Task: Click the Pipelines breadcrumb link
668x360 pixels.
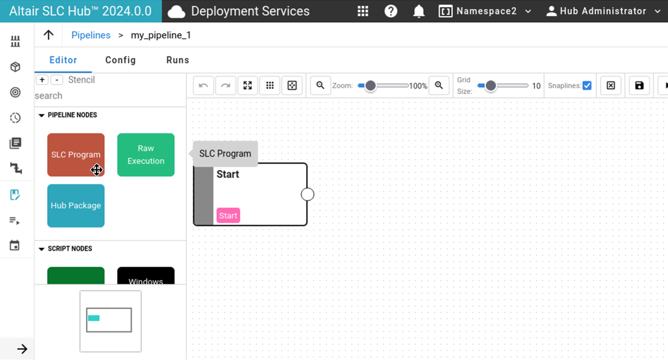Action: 91,35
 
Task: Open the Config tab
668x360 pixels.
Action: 121,60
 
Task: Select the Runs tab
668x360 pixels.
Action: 177,60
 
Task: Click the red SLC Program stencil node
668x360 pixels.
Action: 76,155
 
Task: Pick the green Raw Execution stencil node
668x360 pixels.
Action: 146,155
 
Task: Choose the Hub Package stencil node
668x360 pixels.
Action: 76,206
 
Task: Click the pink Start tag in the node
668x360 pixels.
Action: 228,216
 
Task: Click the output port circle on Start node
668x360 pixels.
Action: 307,194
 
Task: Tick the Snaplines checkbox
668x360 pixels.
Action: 587,85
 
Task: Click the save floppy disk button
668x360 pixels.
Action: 639,85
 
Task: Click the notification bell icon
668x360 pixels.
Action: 419,11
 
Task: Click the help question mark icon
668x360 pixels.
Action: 391,11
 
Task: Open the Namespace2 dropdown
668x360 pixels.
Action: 485,11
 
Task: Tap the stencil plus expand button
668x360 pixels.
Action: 42,80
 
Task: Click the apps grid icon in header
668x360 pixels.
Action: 363,11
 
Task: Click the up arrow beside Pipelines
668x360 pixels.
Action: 48,35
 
